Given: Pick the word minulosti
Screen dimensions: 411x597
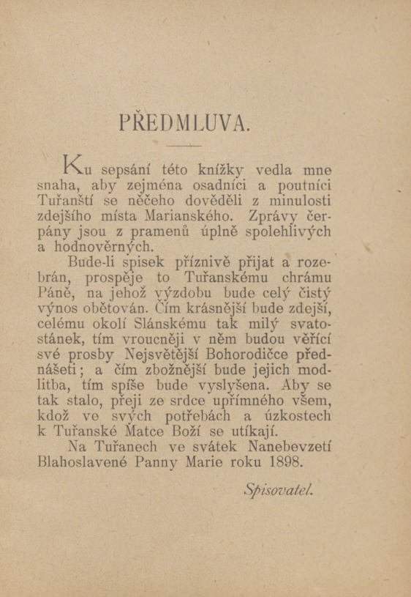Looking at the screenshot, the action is click(x=301, y=199).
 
